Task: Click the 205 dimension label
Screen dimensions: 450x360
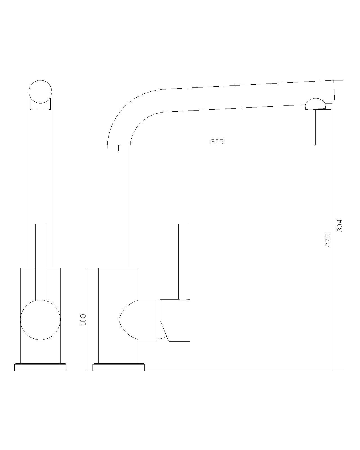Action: tap(217, 142)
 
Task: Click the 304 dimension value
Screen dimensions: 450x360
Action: tap(340, 226)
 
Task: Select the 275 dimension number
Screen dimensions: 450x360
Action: tap(328, 240)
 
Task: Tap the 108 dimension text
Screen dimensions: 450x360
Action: tap(83, 319)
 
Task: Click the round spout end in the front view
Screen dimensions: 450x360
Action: tap(40, 92)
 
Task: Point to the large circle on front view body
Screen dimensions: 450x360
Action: tap(40, 320)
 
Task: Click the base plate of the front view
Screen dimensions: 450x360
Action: tap(40, 367)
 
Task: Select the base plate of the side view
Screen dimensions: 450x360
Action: tap(118, 367)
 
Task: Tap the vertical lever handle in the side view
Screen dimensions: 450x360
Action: tap(183, 262)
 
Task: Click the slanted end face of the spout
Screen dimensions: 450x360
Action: tap(334, 92)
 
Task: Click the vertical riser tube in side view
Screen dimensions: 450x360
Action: tap(118, 205)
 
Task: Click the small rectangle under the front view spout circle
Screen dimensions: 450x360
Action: tap(40, 106)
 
